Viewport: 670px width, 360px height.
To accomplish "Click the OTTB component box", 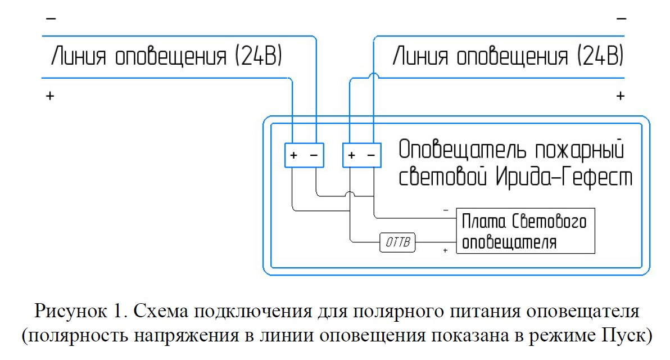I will tap(398, 243).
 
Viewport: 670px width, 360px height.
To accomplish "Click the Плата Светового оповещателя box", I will tap(524, 232).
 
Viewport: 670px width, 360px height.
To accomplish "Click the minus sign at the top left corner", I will tap(51, 19).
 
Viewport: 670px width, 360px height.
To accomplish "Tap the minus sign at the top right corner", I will tap(621, 19).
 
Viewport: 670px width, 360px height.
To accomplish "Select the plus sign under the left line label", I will tap(51, 96).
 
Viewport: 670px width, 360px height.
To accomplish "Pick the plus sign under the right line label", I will tap(621, 96).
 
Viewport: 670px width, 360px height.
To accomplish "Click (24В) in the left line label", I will tap(256, 57).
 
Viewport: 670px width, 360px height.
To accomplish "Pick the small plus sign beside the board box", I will tap(445, 250).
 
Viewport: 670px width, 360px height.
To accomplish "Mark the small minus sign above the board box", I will tap(446, 210).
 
